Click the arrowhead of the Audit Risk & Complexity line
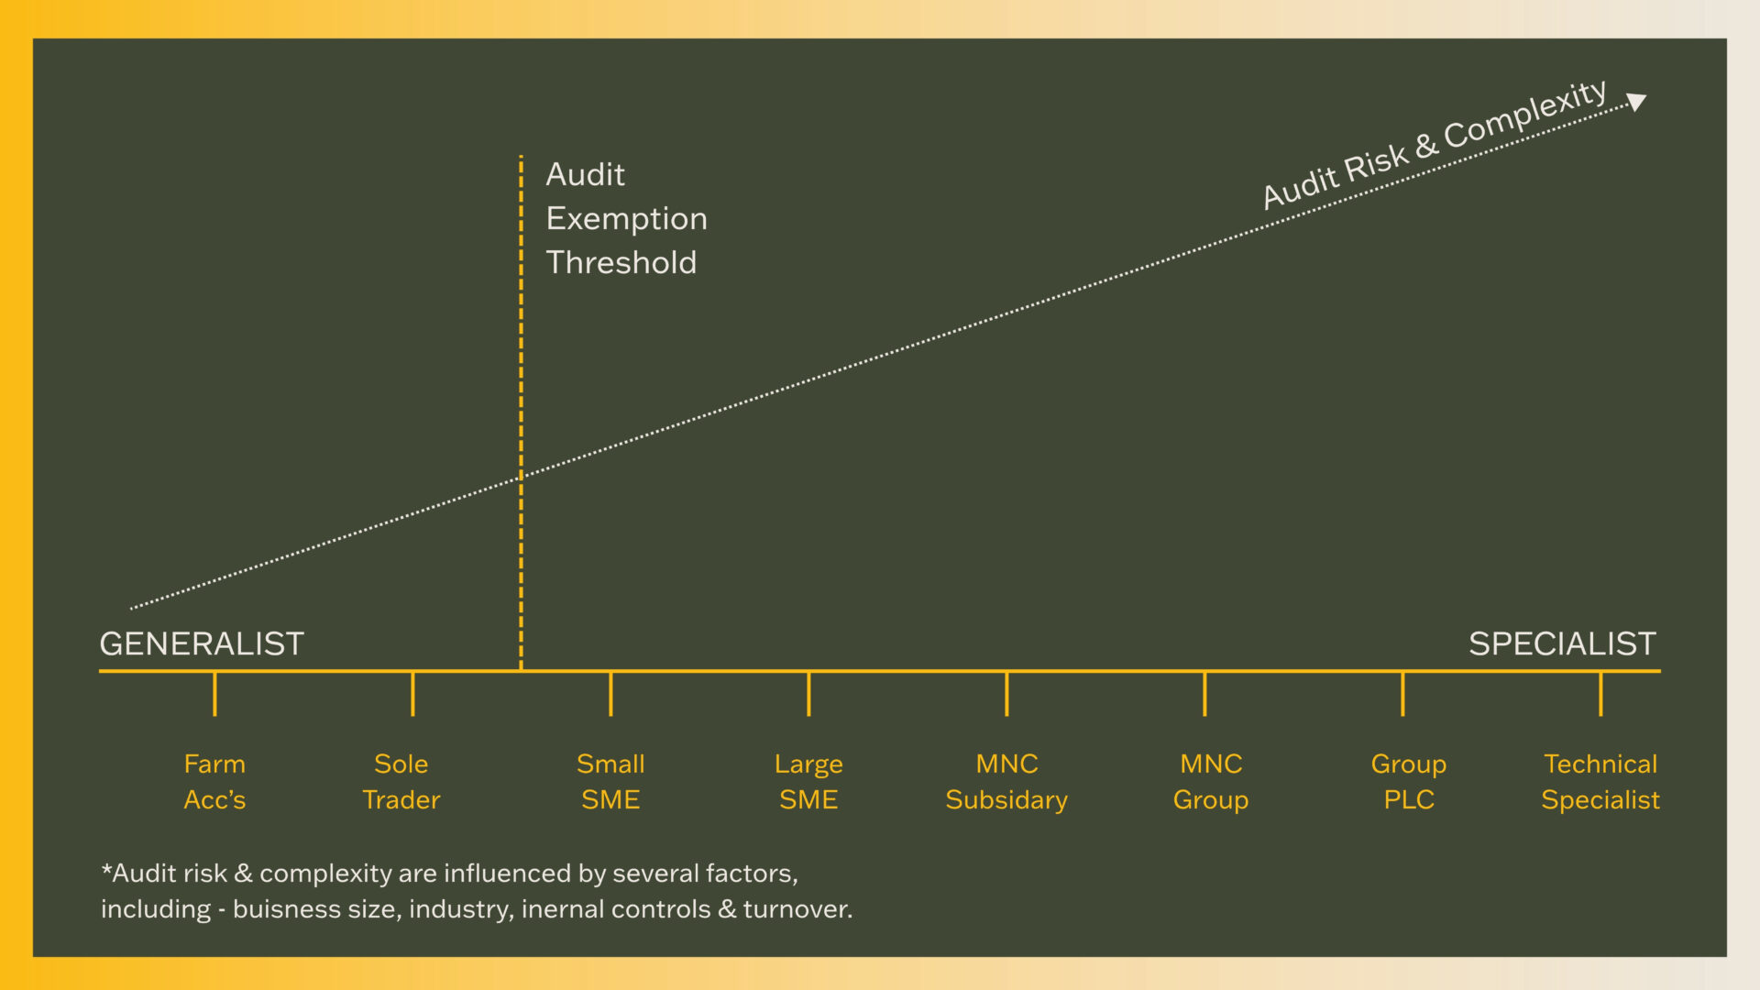pos(1636,101)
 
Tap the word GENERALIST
pos(202,643)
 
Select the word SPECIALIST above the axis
pos(1562,643)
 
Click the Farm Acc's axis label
pos(214,781)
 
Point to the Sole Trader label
pos(401,781)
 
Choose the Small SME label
pos(610,781)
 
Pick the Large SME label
pos(808,781)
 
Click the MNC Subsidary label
pos(1006,781)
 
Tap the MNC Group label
pos(1211,781)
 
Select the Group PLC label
pos(1409,781)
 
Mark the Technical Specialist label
pos(1600,781)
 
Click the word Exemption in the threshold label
pos(626,219)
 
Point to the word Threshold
pos(621,263)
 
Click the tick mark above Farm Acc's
pos(214,694)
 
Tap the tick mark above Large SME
pos(808,694)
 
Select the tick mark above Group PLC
pos(1402,694)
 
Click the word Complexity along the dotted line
pos(1525,115)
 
